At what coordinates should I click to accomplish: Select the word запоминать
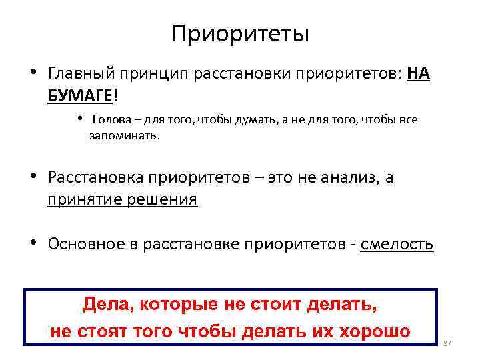125,135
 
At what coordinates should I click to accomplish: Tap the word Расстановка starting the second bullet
96,177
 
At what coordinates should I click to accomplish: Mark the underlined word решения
163,199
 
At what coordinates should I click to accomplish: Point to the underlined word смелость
397,244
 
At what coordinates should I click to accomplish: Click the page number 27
447,343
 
